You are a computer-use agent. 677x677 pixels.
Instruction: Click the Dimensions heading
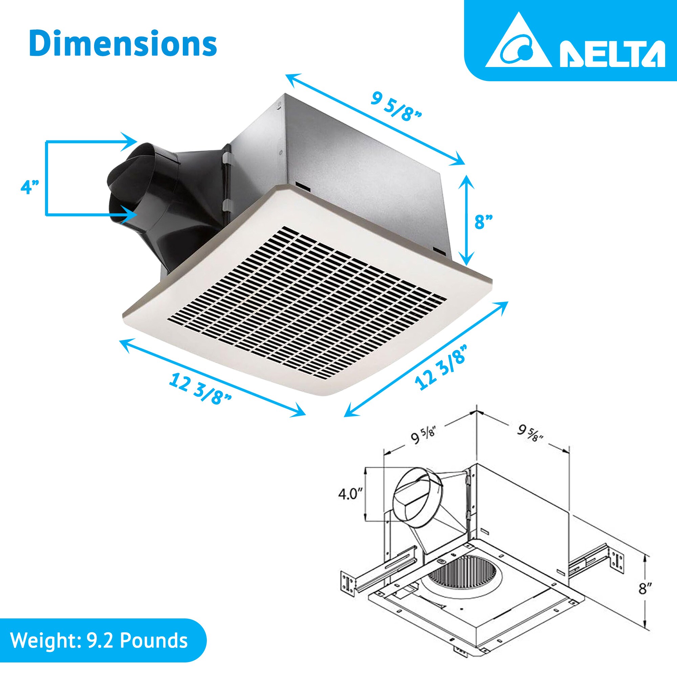(x=123, y=44)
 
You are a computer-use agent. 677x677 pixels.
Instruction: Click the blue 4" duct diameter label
(x=29, y=187)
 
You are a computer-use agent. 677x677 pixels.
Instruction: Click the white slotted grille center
(x=308, y=301)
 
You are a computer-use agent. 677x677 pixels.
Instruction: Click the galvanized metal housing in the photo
(x=350, y=158)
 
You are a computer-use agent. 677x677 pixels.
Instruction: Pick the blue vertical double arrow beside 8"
(x=466, y=220)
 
